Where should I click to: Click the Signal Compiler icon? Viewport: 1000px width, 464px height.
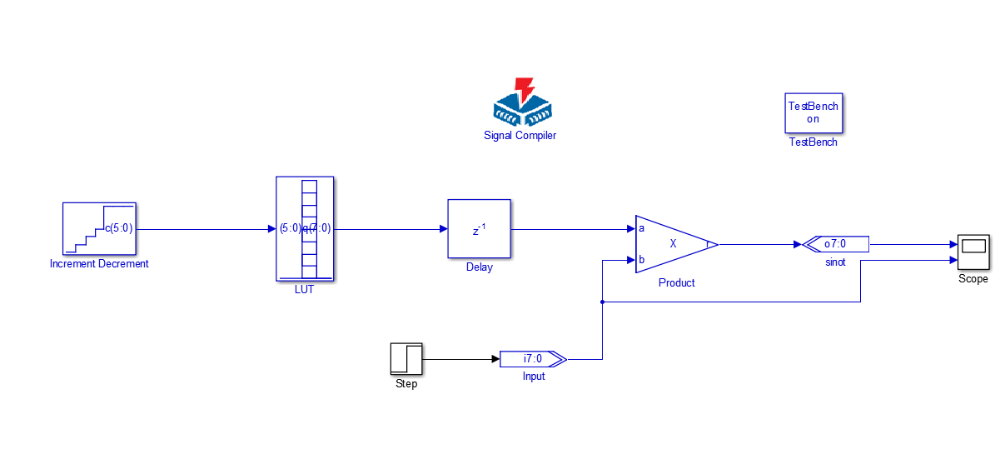pyautogui.click(x=521, y=102)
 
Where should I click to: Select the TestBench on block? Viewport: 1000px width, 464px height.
pyautogui.click(x=813, y=112)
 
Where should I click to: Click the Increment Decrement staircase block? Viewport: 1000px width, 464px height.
pyautogui.click(x=99, y=228)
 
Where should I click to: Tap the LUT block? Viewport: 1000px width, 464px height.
pyautogui.click(x=305, y=229)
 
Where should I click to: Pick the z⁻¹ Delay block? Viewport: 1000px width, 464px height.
pyautogui.click(x=479, y=229)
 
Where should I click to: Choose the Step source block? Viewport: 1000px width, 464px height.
pyautogui.click(x=406, y=359)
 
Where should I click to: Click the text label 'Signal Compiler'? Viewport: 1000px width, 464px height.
pyautogui.click(x=520, y=136)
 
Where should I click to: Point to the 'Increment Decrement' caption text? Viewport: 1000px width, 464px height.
pyautogui.click(x=99, y=264)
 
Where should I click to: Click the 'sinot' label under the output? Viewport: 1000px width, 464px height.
pyautogui.click(x=835, y=262)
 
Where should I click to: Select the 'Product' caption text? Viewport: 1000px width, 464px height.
pyautogui.click(x=676, y=283)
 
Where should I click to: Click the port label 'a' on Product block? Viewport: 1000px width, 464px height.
pyautogui.click(x=641, y=228)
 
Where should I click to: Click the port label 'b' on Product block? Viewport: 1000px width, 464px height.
pyautogui.click(x=641, y=259)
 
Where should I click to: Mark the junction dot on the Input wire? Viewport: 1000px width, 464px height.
pyautogui.click(x=602, y=302)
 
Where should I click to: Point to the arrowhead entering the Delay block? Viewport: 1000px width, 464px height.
pyautogui.click(x=443, y=229)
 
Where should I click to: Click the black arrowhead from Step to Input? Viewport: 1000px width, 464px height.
pyautogui.click(x=495, y=359)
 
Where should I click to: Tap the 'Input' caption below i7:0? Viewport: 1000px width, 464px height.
pyautogui.click(x=533, y=377)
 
